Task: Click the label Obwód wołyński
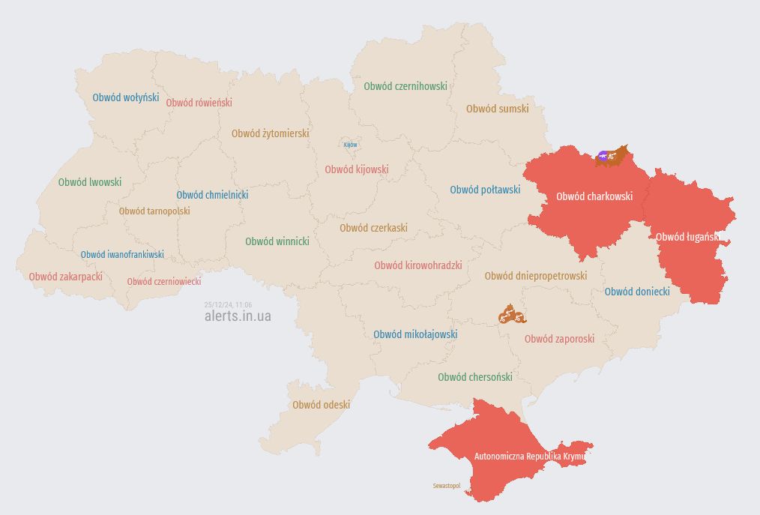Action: tap(125, 97)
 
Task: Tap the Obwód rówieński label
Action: tap(199, 103)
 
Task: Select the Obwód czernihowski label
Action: tap(405, 86)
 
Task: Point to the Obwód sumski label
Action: tap(497, 109)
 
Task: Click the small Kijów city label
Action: tap(350, 145)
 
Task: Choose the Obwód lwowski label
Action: tap(89, 182)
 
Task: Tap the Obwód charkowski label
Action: tap(594, 197)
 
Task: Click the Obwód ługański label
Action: tap(687, 237)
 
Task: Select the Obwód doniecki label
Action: tap(637, 292)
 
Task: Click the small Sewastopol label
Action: tap(447, 486)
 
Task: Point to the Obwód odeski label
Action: tap(321, 405)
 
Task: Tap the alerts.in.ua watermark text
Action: tap(238, 316)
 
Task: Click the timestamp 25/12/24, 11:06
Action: tap(228, 304)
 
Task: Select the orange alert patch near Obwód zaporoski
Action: tap(512, 314)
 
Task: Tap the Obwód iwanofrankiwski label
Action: tap(122, 255)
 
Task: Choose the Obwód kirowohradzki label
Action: tap(417, 265)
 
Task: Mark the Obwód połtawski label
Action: tap(485, 190)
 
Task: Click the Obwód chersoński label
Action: tap(475, 377)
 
